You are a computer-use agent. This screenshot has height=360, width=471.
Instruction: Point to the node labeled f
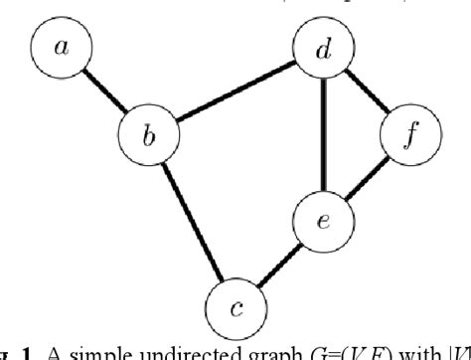(407, 135)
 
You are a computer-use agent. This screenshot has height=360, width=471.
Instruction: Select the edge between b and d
(235, 90)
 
